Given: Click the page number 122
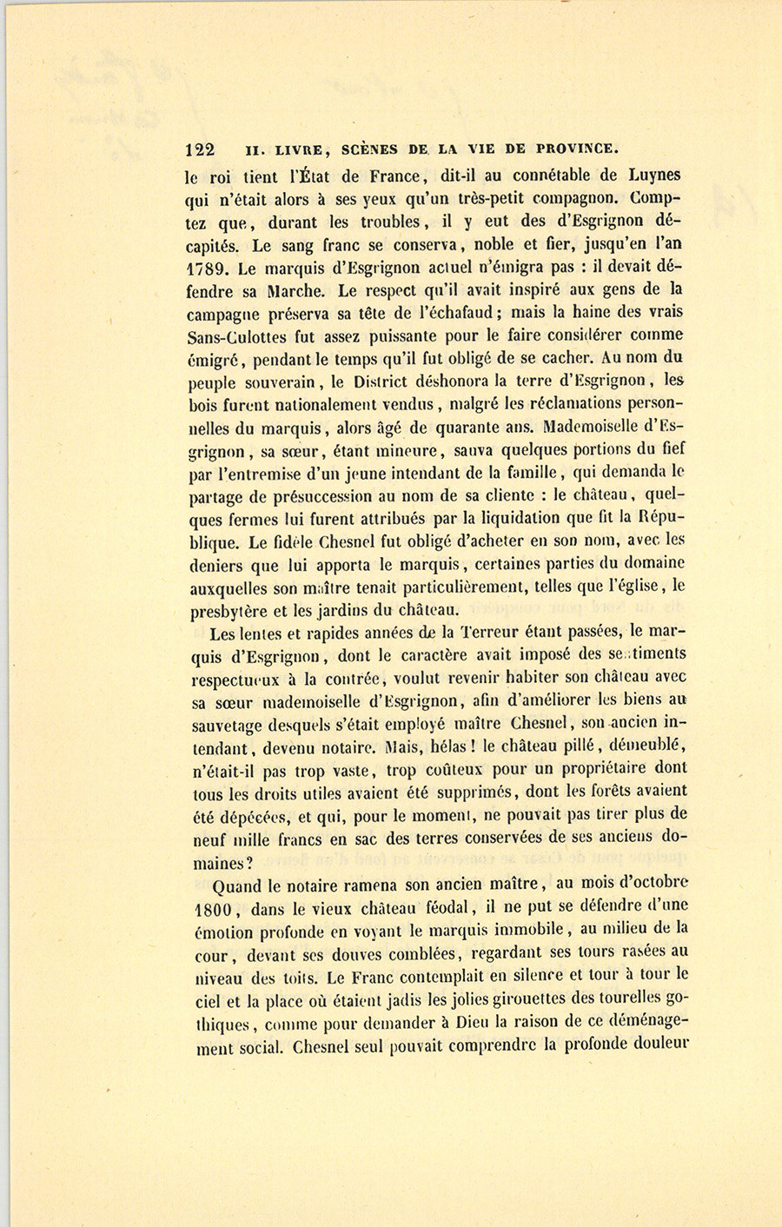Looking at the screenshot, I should [201, 149].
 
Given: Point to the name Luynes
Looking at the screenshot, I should [652, 176].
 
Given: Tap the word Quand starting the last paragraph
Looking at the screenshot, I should [236, 885].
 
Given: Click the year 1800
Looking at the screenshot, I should [208, 909].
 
